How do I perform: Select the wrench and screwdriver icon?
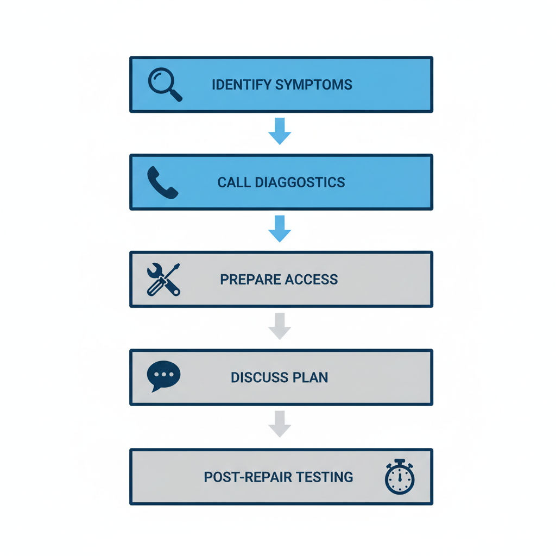[x=163, y=279]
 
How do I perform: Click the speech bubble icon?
[x=163, y=376]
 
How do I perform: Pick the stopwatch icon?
[x=400, y=477]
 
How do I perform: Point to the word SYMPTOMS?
[x=314, y=85]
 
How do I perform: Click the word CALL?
[x=233, y=182]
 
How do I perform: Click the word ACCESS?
[x=314, y=280]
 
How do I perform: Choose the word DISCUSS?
[x=258, y=377]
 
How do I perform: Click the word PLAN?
[x=311, y=377]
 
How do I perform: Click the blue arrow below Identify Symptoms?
[x=280, y=130]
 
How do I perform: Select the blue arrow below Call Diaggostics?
[x=280, y=228]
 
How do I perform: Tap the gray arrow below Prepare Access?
[x=280, y=326]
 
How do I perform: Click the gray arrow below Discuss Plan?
[x=280, y=424]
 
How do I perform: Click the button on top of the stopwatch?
[x=400, y=462]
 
